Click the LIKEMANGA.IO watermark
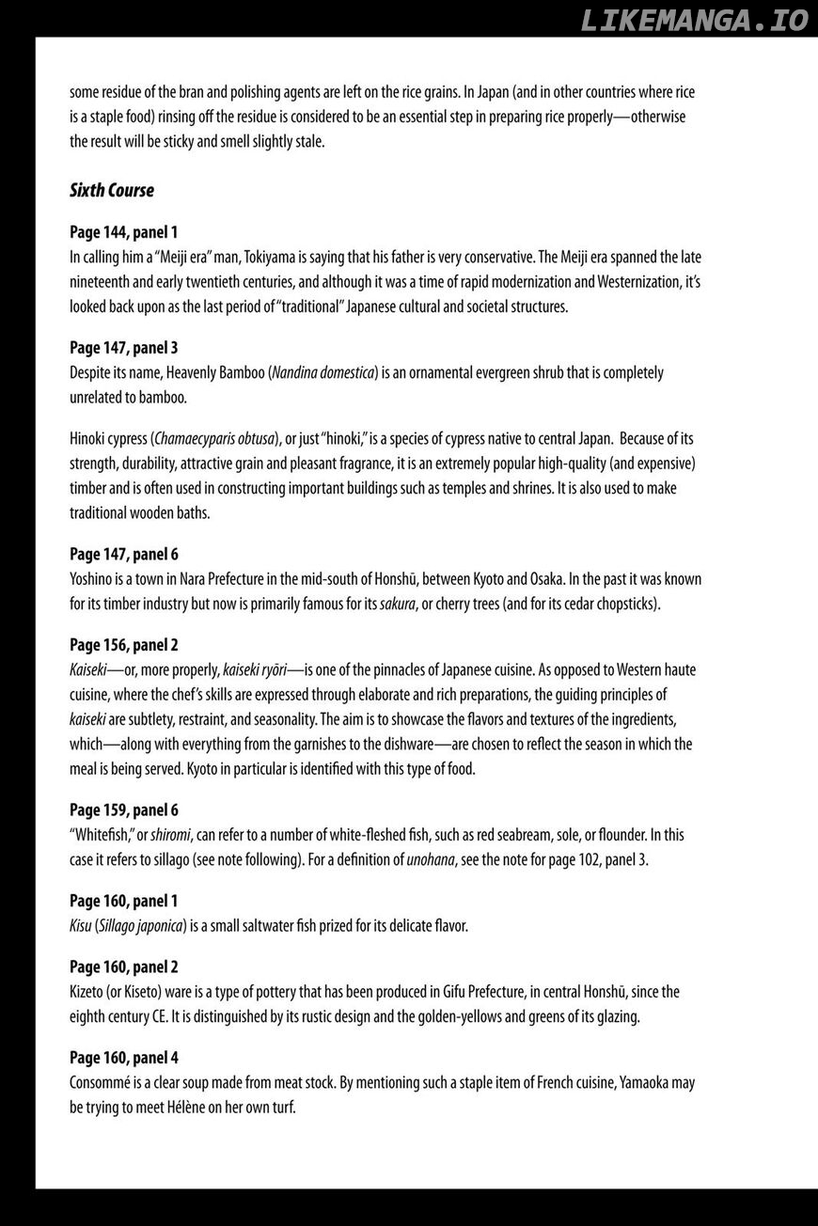(x=695, y=21)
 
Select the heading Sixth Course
(x=111, y=190)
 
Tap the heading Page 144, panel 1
(x=123, y=231)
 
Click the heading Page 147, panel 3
(x=123, y=347)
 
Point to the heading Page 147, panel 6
(x=123, y=554)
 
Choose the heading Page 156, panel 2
(x=123, y=645)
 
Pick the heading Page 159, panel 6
(x=123, y=809)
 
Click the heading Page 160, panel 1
(x=123, y=901)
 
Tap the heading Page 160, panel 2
(x=123, y=967)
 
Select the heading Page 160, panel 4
(x=123, y=1058)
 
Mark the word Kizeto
(x=87, y=992)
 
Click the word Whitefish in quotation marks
(x=102, y=835)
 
